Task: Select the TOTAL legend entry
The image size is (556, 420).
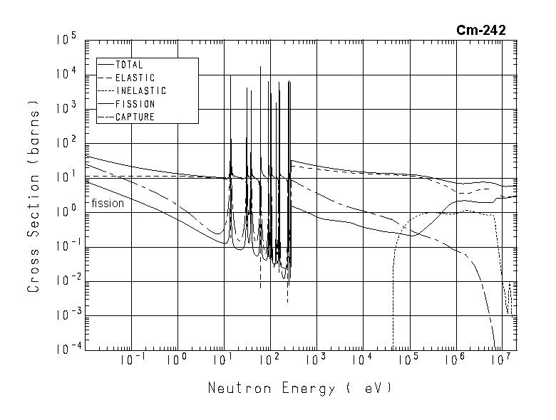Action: click(129, 65)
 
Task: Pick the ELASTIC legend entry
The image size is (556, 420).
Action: click(135, 78)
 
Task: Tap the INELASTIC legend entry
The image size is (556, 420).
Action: click(140, 91)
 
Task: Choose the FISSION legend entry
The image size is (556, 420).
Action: click(135, 104)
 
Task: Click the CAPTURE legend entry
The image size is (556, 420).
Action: click(135, 117)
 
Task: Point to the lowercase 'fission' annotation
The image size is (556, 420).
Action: click(108, 204)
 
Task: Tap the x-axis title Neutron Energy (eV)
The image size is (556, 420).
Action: click(300, 389)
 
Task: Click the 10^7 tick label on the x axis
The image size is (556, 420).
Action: click(502, 359)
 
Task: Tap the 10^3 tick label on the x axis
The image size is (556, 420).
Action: click(316, 359)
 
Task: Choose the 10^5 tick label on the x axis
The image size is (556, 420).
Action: click(409, 359)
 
